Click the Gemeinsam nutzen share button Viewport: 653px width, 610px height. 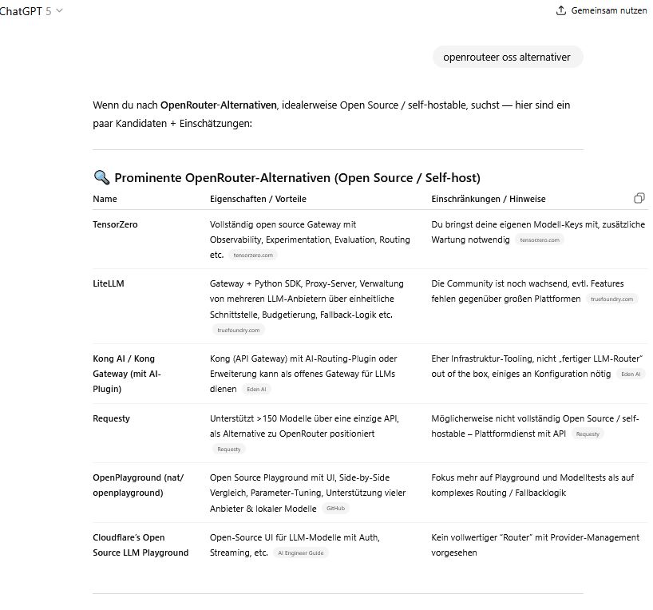[601, 10]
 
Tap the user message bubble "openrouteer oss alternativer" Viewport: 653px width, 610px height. [508, 57]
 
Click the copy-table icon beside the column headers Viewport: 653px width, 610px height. [639, 198]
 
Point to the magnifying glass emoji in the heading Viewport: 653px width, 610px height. [101, 177]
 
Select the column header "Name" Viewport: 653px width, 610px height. [105, 199]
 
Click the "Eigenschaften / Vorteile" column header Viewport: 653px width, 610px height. [258, 199]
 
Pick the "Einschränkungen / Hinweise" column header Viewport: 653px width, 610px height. [489, 199]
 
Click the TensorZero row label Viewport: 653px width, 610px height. [115, 225]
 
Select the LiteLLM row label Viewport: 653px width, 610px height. [109, 283]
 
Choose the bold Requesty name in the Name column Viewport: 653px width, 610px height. [111, 418]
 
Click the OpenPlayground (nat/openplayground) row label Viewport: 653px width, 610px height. [138, 485]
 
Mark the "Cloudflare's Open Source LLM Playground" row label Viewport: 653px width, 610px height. [140, 545]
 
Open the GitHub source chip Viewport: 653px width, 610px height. [335, 508]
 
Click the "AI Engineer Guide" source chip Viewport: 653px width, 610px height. [300, 553]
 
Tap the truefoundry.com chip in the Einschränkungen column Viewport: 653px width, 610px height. [613, 299]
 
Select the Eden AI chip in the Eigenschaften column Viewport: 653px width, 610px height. [257, 390]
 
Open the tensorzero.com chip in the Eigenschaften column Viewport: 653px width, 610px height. [254, 255]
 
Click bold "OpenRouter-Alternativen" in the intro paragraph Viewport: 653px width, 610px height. [218, 105]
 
